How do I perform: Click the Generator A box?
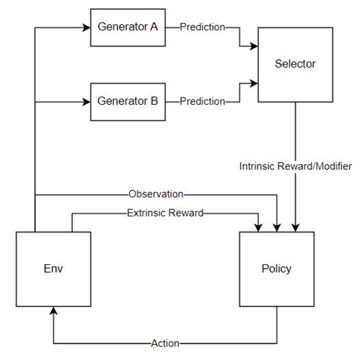(128, 27)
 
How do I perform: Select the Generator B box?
(128, 101)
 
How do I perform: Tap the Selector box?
(295, 64)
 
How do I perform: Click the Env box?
(53, 269)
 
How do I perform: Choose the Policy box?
(276, 269)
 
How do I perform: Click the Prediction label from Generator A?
(202, 27)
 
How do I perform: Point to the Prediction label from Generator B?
(202, 101)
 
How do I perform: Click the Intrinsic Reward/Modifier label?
(295, 166)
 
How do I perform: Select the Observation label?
(156, 194)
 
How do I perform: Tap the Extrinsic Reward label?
(165, 213)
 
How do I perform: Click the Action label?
(165, 343)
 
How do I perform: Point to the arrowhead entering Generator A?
(86, 27)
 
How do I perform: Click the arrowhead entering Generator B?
(86, 101)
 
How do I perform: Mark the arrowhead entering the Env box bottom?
(53, 311)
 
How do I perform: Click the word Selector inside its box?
(295, 64)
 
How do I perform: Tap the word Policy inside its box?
(276, 269)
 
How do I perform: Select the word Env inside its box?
(53, 269)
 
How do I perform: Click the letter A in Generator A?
(153, 27)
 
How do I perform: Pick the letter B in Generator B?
(153, 101)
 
